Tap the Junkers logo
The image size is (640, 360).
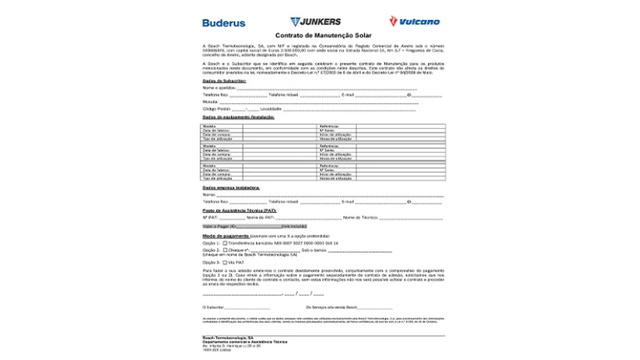coord(316,22)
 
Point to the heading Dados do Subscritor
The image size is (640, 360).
coord(224,81)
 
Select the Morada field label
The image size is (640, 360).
coord(210,101)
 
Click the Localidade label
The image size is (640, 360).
coord(271,109)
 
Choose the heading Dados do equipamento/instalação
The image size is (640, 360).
coord(239,117)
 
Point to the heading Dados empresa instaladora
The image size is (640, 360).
coord(231,188)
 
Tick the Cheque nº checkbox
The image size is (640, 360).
coord(225,249)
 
